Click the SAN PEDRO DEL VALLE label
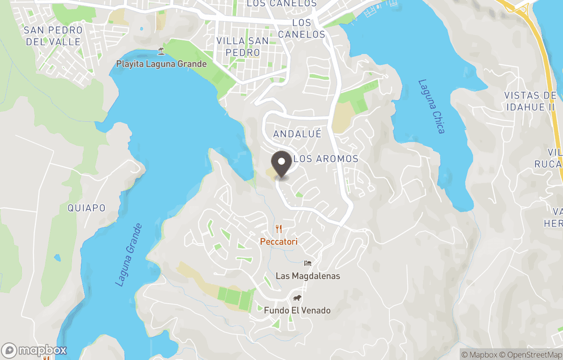(53, 36)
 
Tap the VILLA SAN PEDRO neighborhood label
(242, 46)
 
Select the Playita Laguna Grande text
(162, 64)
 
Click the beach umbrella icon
(162, 51)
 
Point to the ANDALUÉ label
(297, 134)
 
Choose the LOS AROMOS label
(326, 159)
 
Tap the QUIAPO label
(87, 208)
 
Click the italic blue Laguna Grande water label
(128, 255)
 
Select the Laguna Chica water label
(432, 106)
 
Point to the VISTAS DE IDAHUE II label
(530, 101)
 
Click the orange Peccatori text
(279, 242)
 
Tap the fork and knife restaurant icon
(279, 229)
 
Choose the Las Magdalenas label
(308, 276)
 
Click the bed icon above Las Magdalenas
(308, 263)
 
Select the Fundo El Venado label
(297, 310)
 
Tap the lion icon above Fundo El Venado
(297, 298)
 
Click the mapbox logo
(34, 350)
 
